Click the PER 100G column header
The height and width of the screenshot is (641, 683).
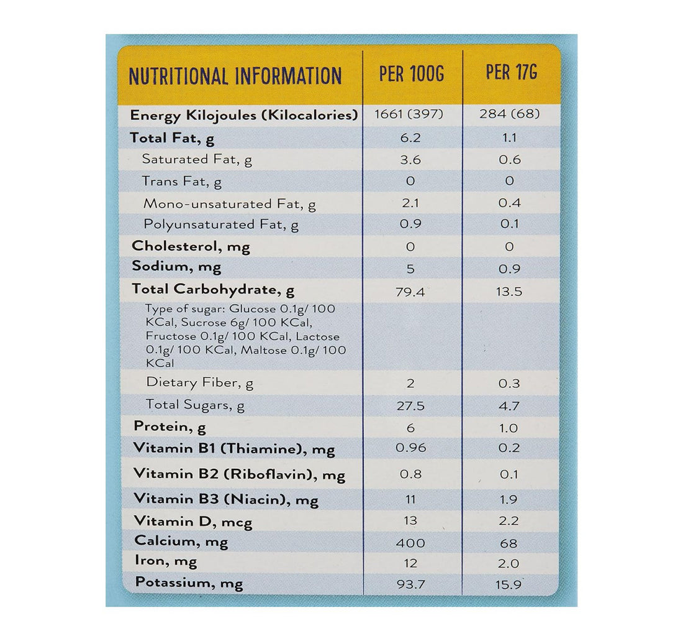pos(412,75)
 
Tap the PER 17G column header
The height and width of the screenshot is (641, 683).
pos(512,73)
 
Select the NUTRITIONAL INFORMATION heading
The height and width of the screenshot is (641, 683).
pos(235,76)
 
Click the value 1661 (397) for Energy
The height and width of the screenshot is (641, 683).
pos(410,115)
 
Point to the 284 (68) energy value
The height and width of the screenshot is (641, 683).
pos(509,115)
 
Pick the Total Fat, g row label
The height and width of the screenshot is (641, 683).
pos(172,138)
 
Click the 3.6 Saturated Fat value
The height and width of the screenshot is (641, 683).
pos(410,160)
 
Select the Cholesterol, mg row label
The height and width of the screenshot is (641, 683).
pos(191,246)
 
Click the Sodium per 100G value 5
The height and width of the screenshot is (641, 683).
pos(410,269)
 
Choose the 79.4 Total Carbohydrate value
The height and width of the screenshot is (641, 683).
pos(410,292)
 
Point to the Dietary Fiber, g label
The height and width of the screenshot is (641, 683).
pos(200,383)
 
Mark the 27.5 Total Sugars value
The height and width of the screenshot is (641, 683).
pos(410,406)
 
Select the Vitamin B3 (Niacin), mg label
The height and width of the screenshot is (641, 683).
pos(226,499)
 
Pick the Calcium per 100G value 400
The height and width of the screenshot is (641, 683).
pos(410,543)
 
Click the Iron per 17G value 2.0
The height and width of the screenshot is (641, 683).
pos(509,564)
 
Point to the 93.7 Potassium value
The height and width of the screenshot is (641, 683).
pos(410,585)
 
